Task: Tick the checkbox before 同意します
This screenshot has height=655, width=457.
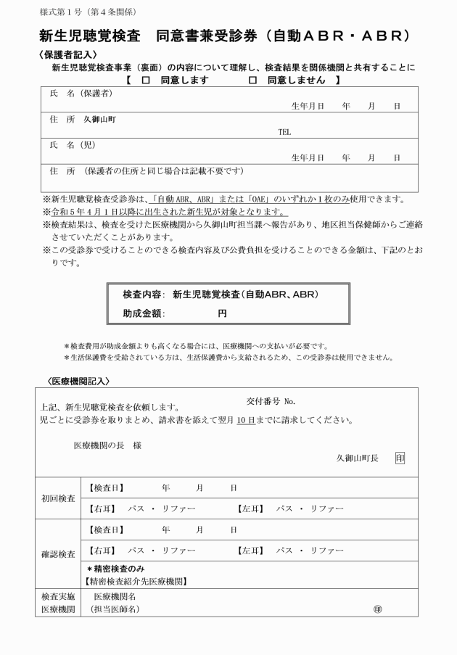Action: pos(146,80)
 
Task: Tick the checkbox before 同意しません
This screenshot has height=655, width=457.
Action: pos(252,80)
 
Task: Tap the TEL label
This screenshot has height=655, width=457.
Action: pos(284,133)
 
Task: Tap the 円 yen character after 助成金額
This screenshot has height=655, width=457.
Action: pos(222,313)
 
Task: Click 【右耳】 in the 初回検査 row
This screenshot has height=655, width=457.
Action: pos(102,509)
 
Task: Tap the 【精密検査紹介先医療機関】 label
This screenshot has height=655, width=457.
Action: pos(136,581)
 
